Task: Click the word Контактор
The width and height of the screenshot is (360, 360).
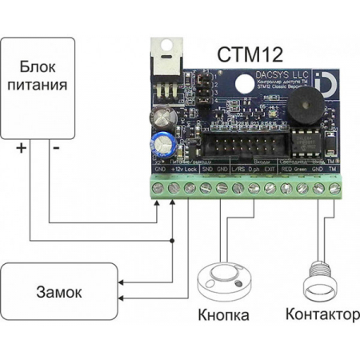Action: [317, 315]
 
